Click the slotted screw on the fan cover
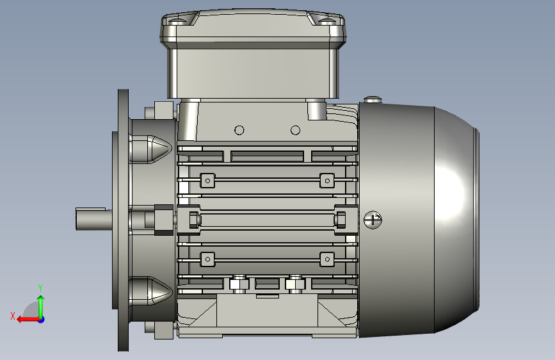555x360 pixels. pyautogui.click(x=373, y=220)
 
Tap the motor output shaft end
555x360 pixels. pyautogui.click(x=91, y=219)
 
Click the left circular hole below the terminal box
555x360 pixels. pyautogui.click(x=239, y=131)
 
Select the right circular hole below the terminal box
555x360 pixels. pyautogui.click(x=295, y=131)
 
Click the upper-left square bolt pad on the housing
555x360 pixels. pyautogui.click(x=208, y=181)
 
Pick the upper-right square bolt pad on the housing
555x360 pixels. pyautogui.click(x=327, y=181)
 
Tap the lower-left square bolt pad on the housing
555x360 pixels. pyautogui.click(x=208, y=259)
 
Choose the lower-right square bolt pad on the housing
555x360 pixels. pyautogui.click(x=327, y=259)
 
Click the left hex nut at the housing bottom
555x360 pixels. pyautogui.click(x=239, y=284)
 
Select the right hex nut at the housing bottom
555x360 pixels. pyautogui.click(x=295, y=284)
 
